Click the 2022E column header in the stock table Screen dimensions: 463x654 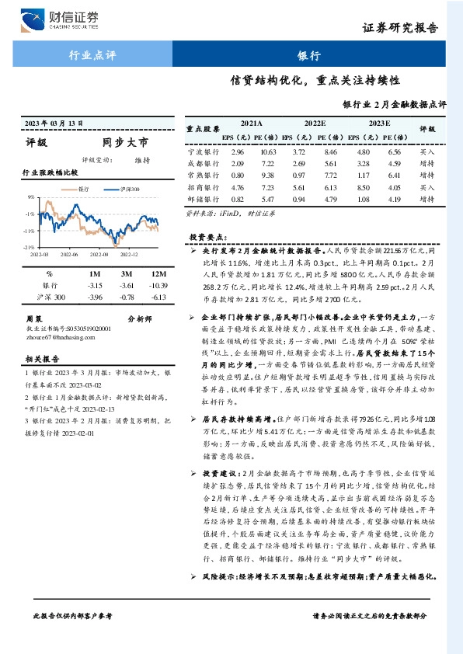(x=315, y=123)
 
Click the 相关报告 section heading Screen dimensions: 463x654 (x=40, y=360)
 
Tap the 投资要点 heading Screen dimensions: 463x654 (x=207, y=235)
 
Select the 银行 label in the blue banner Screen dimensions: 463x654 (x=308, y=56)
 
